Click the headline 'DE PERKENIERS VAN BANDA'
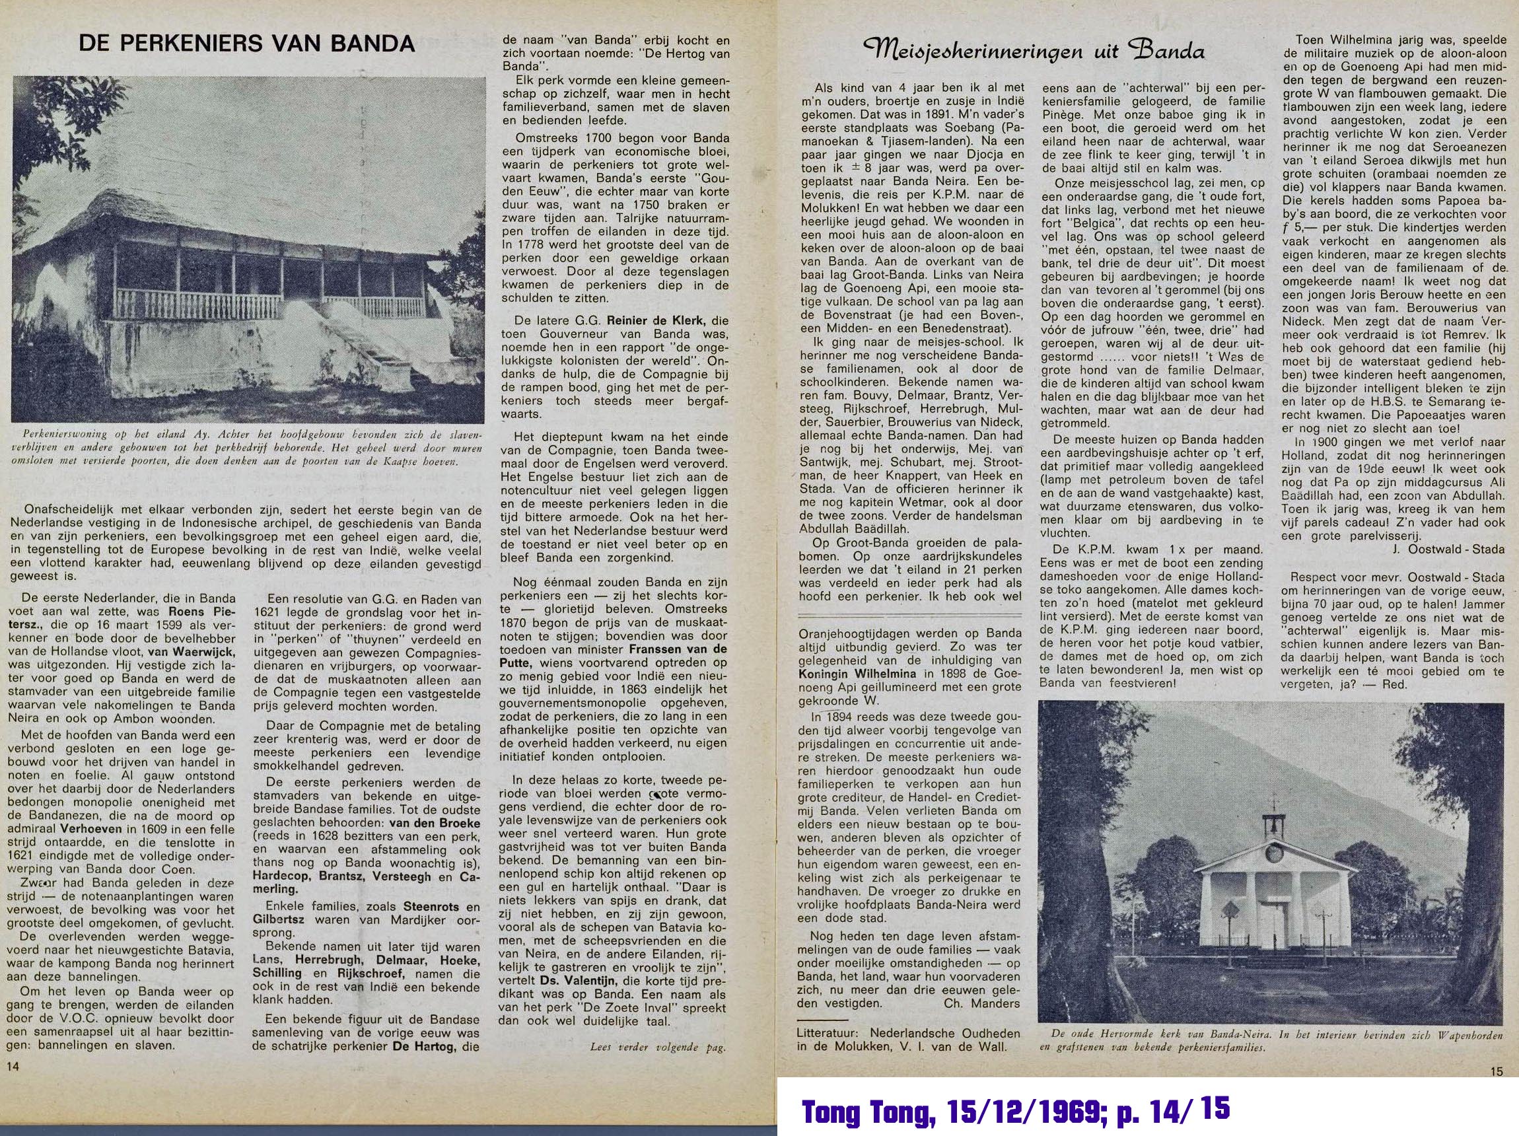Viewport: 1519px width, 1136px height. click(247, 44)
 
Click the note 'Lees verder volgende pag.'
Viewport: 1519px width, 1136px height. click(657, 1047)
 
